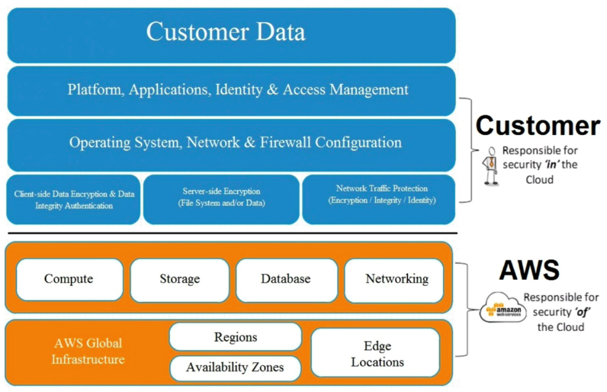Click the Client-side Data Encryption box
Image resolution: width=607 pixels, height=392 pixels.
74,200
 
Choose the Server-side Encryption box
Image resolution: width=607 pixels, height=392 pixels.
221,200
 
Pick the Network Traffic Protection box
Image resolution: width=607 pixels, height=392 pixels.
381,200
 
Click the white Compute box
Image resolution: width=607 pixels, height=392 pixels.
69,279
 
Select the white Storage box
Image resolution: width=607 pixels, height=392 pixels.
179,280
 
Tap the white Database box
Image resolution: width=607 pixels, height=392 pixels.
286,279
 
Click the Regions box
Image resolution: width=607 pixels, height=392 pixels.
236,337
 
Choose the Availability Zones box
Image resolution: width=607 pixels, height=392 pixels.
236,368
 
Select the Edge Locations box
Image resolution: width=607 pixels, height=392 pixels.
377,353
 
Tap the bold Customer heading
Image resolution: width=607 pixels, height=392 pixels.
538,126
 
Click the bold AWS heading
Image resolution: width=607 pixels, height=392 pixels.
529,269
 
